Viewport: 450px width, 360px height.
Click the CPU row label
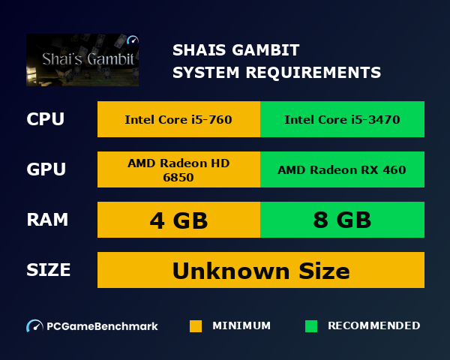pos(45,120)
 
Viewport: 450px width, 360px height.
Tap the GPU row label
pos(46,170)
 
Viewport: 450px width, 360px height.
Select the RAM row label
pos(47,220)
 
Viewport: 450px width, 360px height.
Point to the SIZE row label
pos(48,270)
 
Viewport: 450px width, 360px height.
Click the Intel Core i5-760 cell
pos(178,120)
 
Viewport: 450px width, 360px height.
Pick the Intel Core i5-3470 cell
pos(342,120)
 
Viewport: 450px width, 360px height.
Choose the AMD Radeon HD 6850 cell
pos(178,170)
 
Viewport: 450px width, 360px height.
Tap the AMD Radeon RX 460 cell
pos(342,170)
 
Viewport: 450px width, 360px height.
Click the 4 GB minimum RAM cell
pos(178,220)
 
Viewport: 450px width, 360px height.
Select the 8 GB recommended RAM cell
pos(342,220)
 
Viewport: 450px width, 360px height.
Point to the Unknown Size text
pos(261,270)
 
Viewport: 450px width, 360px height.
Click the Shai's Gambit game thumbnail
pos(82,60)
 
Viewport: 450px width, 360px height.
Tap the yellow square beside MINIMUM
pos(196,326)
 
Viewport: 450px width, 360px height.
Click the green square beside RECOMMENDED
pos(311,326)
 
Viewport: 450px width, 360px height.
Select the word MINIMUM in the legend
pos(241,326)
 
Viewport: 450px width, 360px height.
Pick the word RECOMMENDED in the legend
pos(373,326)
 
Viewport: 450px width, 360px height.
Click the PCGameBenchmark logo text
pos(102,326)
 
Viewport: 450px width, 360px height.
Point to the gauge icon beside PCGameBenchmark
pos(34,326)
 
